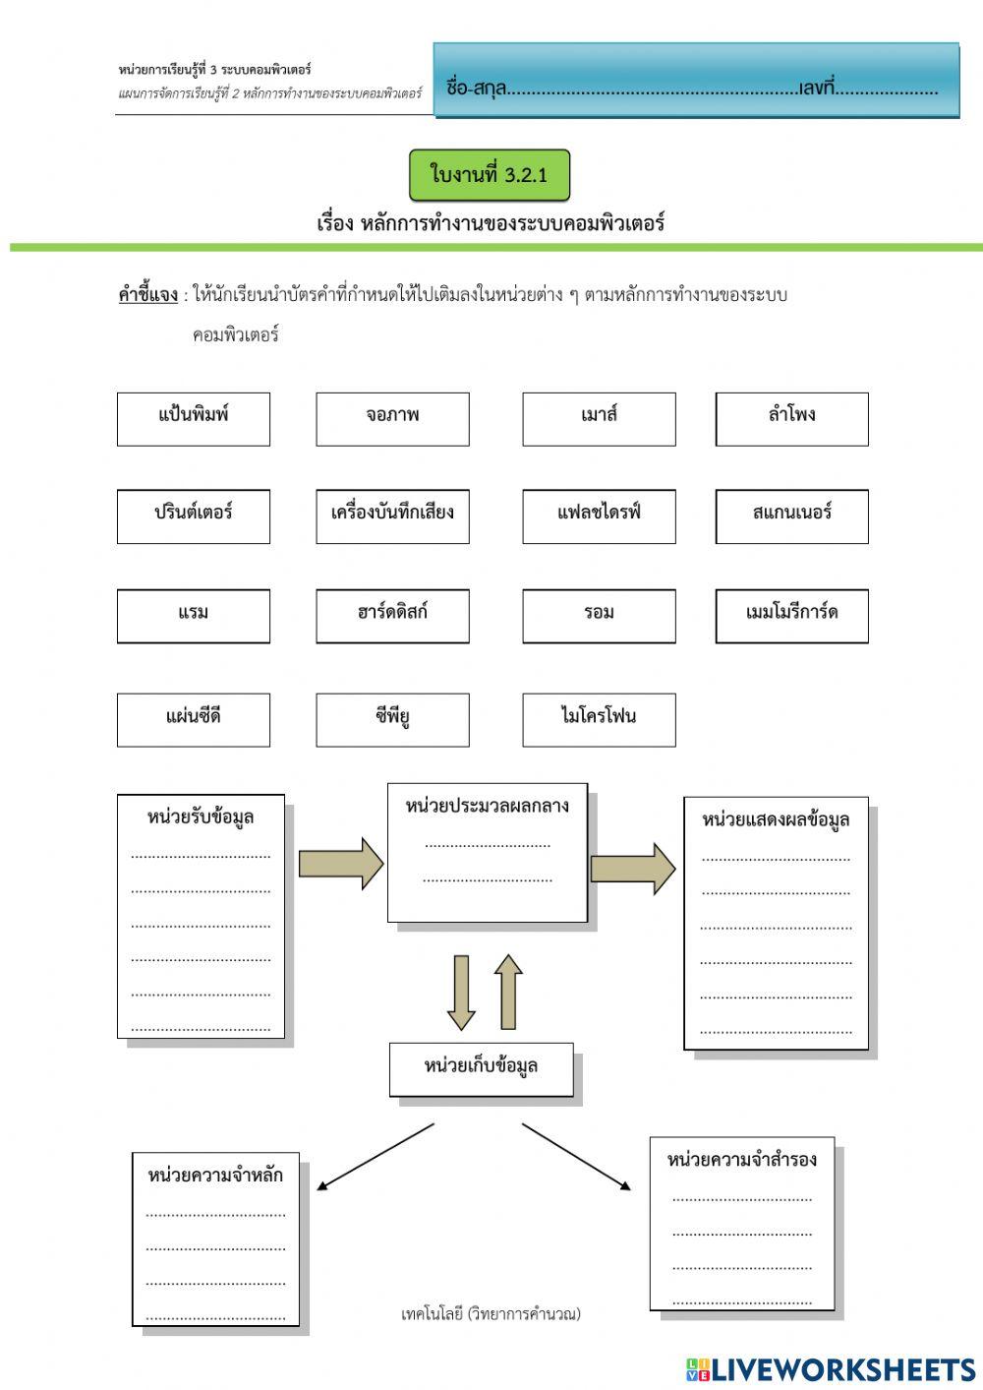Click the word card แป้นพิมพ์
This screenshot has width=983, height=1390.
(x=193, y=418)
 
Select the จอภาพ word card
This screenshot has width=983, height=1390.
(x=392, y=418)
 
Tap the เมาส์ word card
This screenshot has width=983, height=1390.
(x=599, y=418)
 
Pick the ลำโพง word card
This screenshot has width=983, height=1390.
(x=791, y=418)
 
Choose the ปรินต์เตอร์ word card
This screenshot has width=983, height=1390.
(x=193, y=515)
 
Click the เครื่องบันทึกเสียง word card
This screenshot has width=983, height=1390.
(x=392, y=515)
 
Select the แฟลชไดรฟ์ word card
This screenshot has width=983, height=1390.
(x=599, y=515)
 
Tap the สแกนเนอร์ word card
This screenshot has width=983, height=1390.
(x=791, y=515)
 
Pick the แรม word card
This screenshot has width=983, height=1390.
(x=193, y=616)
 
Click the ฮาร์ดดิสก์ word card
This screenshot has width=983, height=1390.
(x=392, y=616)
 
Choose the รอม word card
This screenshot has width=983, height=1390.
(x=599, y=616)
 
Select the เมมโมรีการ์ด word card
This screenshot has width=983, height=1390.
(x=791, y=616)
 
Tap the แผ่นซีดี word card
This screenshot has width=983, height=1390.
(x=193, y=719)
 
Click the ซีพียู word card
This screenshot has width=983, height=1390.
(x=392, y=719)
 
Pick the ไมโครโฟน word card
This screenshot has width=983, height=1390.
(x=599, y=719)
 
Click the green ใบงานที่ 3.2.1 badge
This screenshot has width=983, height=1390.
(x=489, y=175)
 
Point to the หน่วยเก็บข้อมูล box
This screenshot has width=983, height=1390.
(x=481, y=1068)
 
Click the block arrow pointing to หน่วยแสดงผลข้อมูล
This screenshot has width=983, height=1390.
(x=632, y=869)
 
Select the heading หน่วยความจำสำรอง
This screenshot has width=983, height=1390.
(x=741, y=1160)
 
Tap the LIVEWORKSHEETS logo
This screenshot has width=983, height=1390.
(x=831, y=1369)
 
